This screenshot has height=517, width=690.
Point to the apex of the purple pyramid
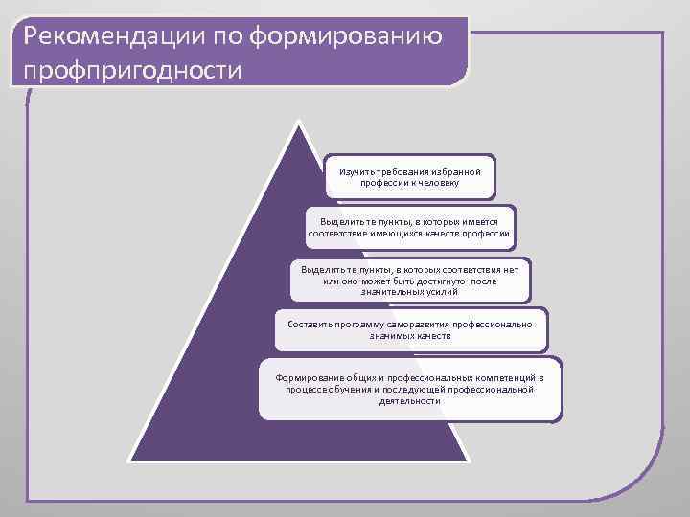tap(301, 123)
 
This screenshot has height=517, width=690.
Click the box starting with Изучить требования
tap(410, 176)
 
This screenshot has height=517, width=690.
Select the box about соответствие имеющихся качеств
tap(410, 228)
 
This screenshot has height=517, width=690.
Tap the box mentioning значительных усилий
tap(410, 280)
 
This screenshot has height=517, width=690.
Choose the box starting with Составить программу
tap(410, 330)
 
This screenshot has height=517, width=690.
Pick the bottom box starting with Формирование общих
tap(410, 389)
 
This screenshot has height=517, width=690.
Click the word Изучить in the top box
tap(354, 170)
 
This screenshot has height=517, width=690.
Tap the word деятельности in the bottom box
tap(410, 401)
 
